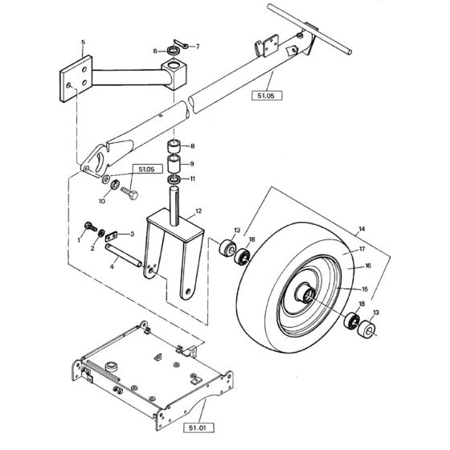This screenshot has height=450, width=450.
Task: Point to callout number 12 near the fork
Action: (198, 210)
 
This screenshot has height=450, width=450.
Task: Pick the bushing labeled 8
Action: (173, 146)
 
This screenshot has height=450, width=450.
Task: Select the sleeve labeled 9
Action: (173, 162)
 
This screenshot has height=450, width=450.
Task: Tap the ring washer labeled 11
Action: (172, 178)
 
